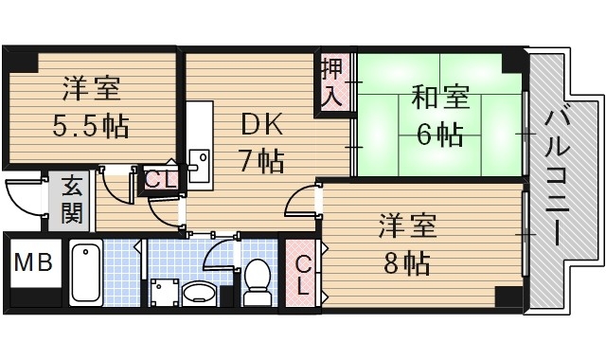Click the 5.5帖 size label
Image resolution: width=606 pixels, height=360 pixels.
click(91, 125)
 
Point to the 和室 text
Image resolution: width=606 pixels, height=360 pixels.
click(440, 99)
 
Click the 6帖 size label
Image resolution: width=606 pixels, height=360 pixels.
click(440, 134)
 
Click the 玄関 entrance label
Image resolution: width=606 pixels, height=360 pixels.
click(72, 200)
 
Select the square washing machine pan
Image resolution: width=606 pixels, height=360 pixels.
click(164, 292)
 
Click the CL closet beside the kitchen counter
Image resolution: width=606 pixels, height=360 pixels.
click(157, 177)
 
